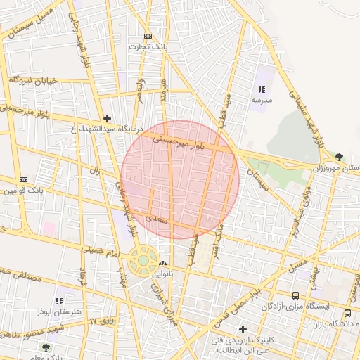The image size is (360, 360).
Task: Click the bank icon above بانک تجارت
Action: click(x=148, y=36)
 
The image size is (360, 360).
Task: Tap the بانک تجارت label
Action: click(x=147, y=46)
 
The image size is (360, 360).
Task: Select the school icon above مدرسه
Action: click(x=262, y=89)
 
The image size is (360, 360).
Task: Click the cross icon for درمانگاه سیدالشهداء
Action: click(x=106, y=119)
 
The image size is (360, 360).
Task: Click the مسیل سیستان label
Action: click(x=27, y=25)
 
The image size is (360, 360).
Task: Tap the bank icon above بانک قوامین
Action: click(x=23, y=179)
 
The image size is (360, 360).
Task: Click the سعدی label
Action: click(x=155, y=219)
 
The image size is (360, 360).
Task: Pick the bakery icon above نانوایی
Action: click(x=163, y=263)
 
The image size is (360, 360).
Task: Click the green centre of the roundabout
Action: click(x=143, y=260)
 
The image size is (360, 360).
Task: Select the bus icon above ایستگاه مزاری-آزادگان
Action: click(x=295, y=295)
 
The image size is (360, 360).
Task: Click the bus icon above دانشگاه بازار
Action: click(x=347, y=313)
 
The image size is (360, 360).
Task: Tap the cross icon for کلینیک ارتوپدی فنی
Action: click(x=243, y=328)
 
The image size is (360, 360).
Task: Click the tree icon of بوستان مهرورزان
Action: click(x=340, y=157)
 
